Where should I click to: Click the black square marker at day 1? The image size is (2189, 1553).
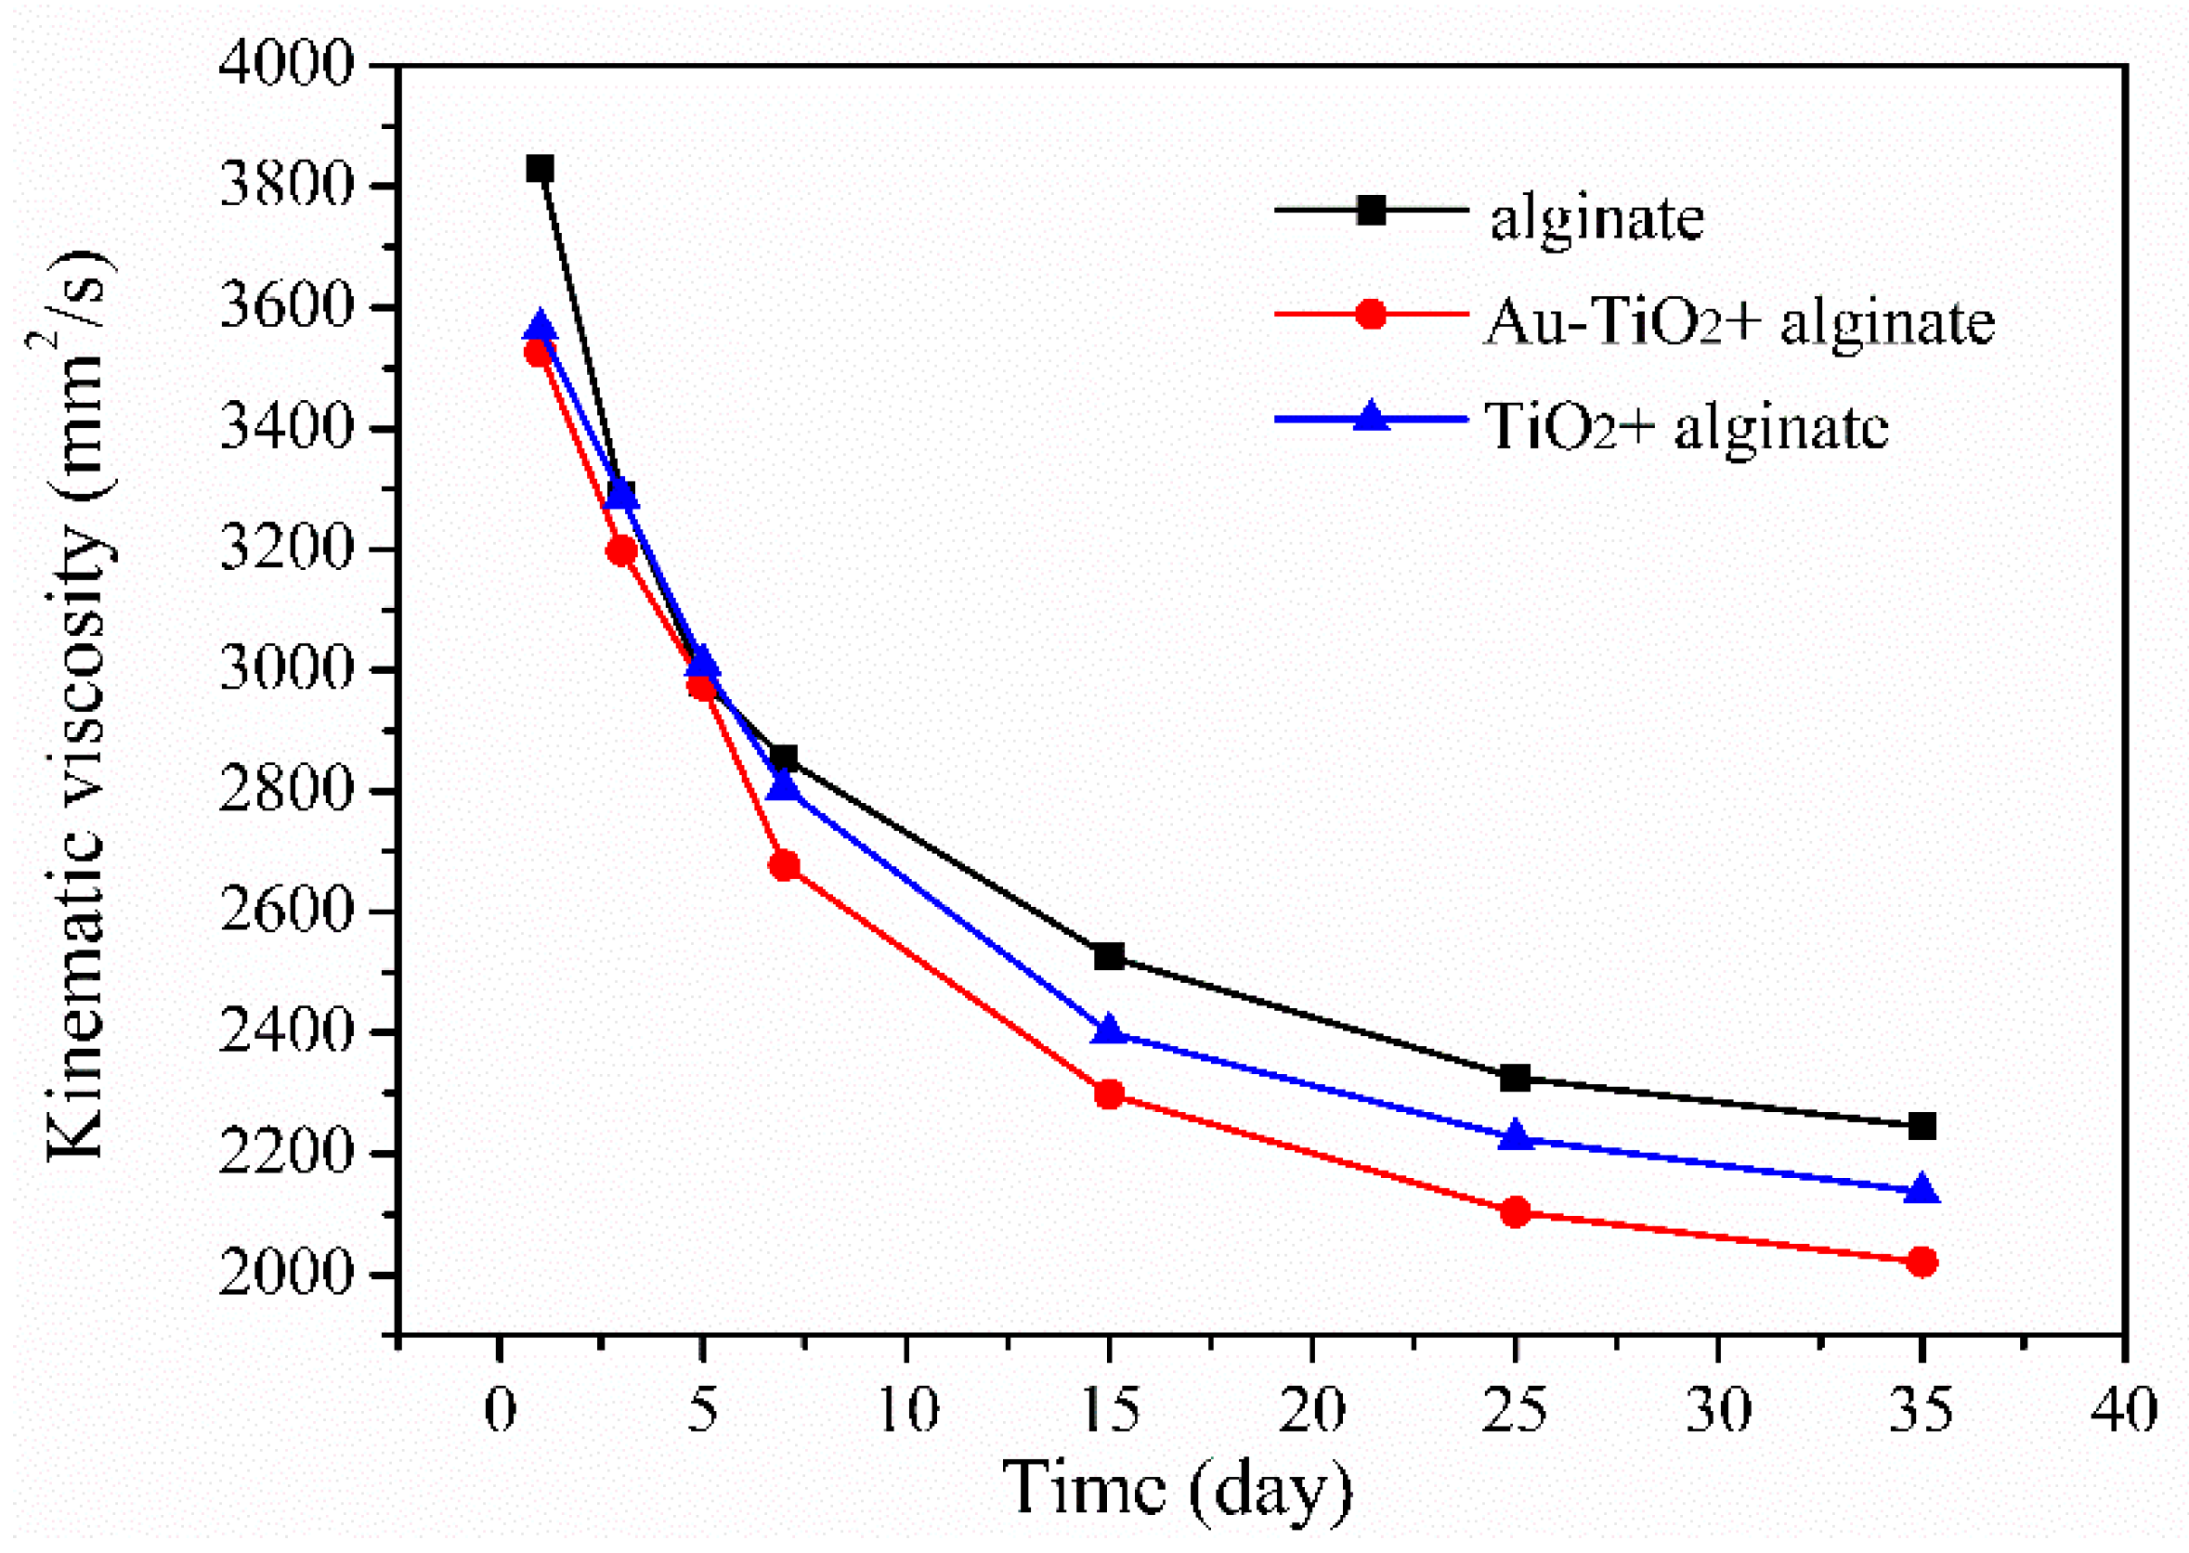tap(540, 169)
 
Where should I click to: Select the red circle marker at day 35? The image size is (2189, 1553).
tap(1922, 1262)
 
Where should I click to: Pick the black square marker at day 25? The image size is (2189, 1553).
tap(1516, 1078)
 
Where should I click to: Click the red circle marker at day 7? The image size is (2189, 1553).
tap(784, 865)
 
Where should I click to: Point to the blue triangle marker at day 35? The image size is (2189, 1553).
tap(1922, 1191)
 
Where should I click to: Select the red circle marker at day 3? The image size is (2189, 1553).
tap(621, 550)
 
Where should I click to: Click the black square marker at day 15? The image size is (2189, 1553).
tap(1109, 955)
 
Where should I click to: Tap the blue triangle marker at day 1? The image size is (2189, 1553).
tap(540, 327)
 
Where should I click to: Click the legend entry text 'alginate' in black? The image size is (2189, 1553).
tap(1596, 218)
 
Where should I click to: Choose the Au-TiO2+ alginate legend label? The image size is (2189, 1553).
tap(1739, 322)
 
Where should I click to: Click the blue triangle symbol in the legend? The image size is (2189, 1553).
tap(1371, 418)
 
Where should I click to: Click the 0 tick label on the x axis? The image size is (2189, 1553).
tap(500, 1409)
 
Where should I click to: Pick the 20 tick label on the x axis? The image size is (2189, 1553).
tap(1311, 1409)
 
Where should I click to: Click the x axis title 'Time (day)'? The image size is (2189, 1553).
tap(1177, 1488)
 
